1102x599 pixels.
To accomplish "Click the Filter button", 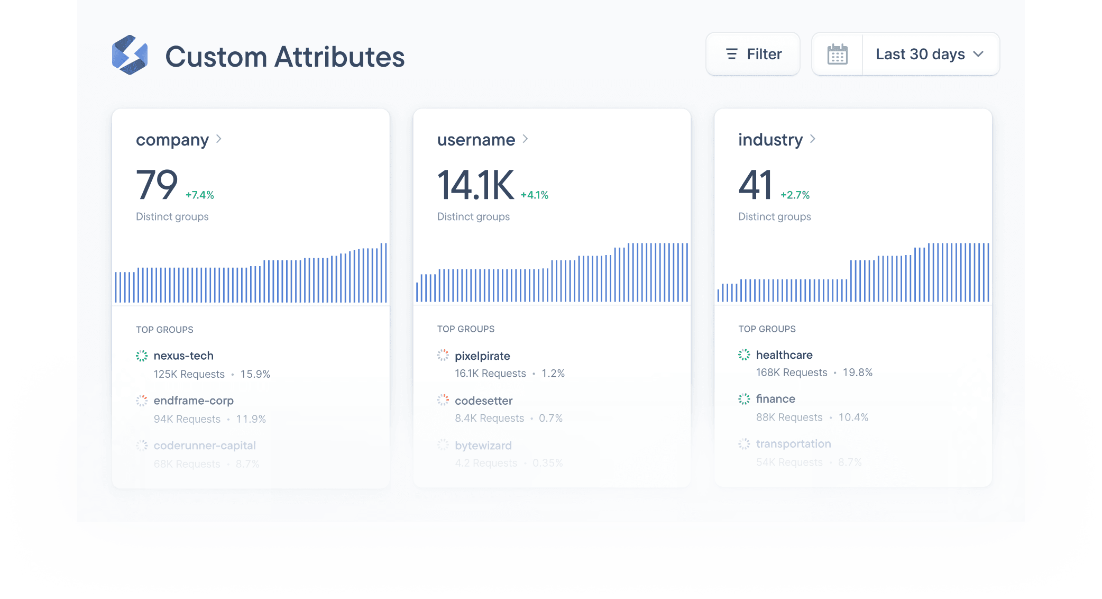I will [x=752, y=54].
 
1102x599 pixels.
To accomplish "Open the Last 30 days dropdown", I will [x=930, y=54].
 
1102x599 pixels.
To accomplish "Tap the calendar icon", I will [x=837, y=54].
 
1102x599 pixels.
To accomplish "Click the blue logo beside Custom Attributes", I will [x=130, y=55].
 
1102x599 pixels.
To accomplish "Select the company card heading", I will [x=172, y=140].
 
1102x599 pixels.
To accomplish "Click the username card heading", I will [x=476, y=140].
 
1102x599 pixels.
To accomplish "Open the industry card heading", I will [x=770, y=140].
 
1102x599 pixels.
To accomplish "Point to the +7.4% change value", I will [x=200, y=195].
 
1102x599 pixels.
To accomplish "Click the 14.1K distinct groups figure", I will [x=475, y=185].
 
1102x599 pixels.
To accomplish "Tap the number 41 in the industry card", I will [x=755, y=185].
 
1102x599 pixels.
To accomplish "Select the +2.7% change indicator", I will [x=795, y=195].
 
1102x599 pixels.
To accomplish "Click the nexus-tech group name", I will [x=183, y=356].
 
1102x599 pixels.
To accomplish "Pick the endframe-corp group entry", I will [x=194, y=401].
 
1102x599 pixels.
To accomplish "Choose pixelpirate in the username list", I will [x=482, y=356].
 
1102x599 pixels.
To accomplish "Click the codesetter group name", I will [x=483, y=401].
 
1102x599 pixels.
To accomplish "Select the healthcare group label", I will [x=784, y=355].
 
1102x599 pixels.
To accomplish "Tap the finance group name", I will [x=775, y=398].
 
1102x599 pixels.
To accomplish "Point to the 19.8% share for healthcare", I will [x=858, y=373].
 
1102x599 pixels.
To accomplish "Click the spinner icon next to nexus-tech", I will [x=142, y=356].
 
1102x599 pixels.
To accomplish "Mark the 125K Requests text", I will [x=189, y=374].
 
